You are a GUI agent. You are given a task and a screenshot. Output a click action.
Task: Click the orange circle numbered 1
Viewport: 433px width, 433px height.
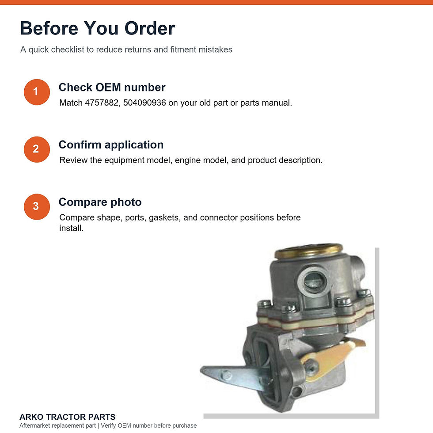click(x=37, y=92)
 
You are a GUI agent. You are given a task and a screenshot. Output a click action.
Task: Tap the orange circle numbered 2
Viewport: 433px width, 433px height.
click(x=37, y=149)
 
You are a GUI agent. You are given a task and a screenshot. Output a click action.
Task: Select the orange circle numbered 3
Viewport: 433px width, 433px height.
click(x=37, y=207)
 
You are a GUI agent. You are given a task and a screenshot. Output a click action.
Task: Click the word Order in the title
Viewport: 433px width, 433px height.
click(x=150, y=28)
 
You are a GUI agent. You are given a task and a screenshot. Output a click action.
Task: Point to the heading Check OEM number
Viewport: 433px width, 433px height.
click(x=112, y=87)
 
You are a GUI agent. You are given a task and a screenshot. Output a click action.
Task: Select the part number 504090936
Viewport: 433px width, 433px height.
click(x=144, y=103)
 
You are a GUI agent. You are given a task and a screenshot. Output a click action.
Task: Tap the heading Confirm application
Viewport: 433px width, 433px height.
click(x=111, y=145)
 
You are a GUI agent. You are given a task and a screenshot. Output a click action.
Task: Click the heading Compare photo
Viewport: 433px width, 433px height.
click(x=100, y=202)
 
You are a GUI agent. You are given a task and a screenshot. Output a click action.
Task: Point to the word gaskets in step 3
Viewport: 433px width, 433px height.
click(x=164, y=217)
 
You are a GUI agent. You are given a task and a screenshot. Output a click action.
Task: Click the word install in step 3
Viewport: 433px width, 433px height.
click(x=71, y=228)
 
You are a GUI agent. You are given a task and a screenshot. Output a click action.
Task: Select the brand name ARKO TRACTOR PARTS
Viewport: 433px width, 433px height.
click(x=67, y=417)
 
